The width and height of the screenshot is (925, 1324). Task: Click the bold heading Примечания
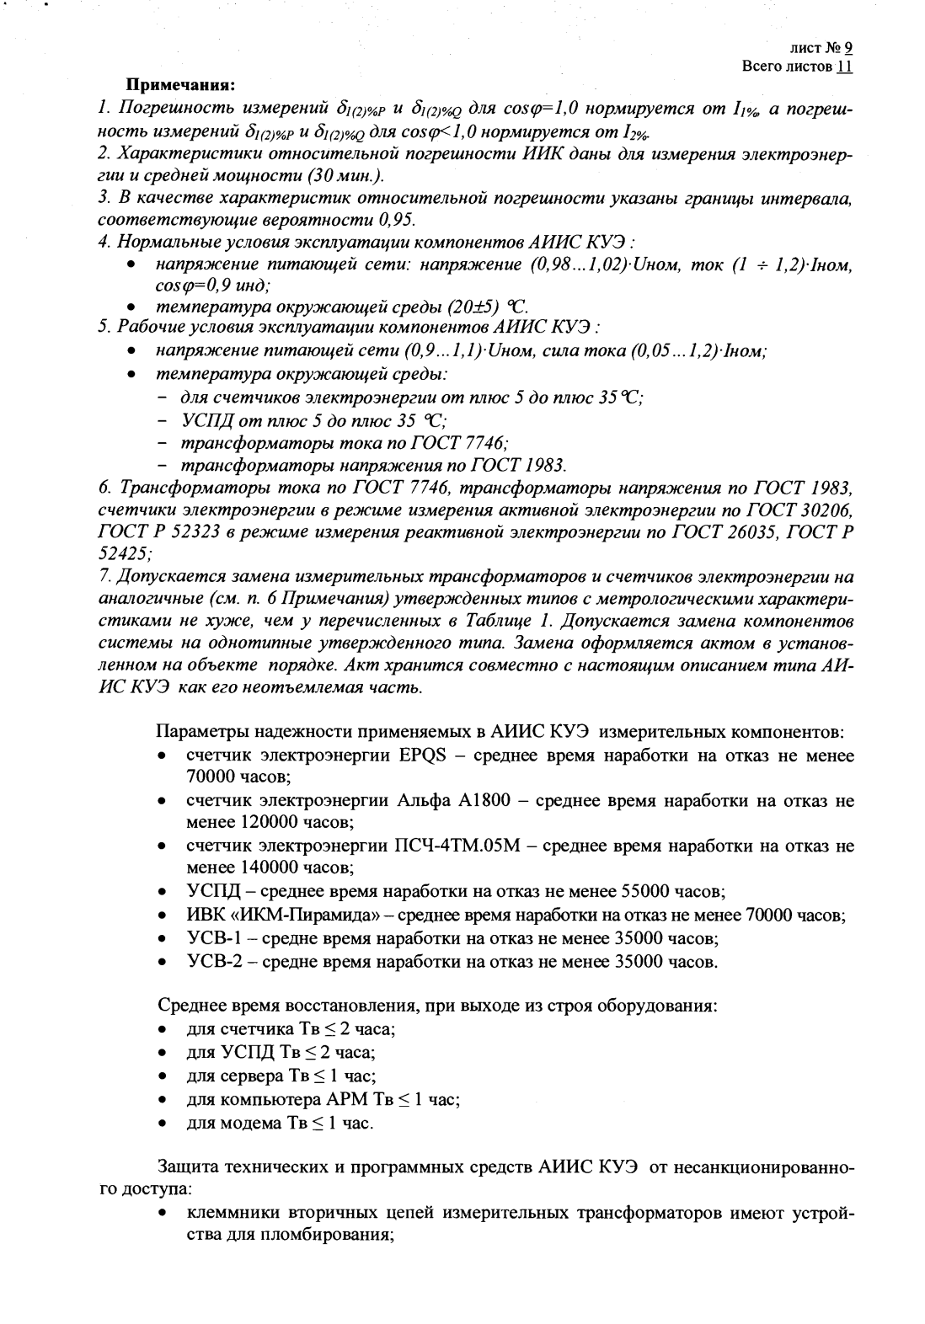pyautogui.click(x=179, y=86)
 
